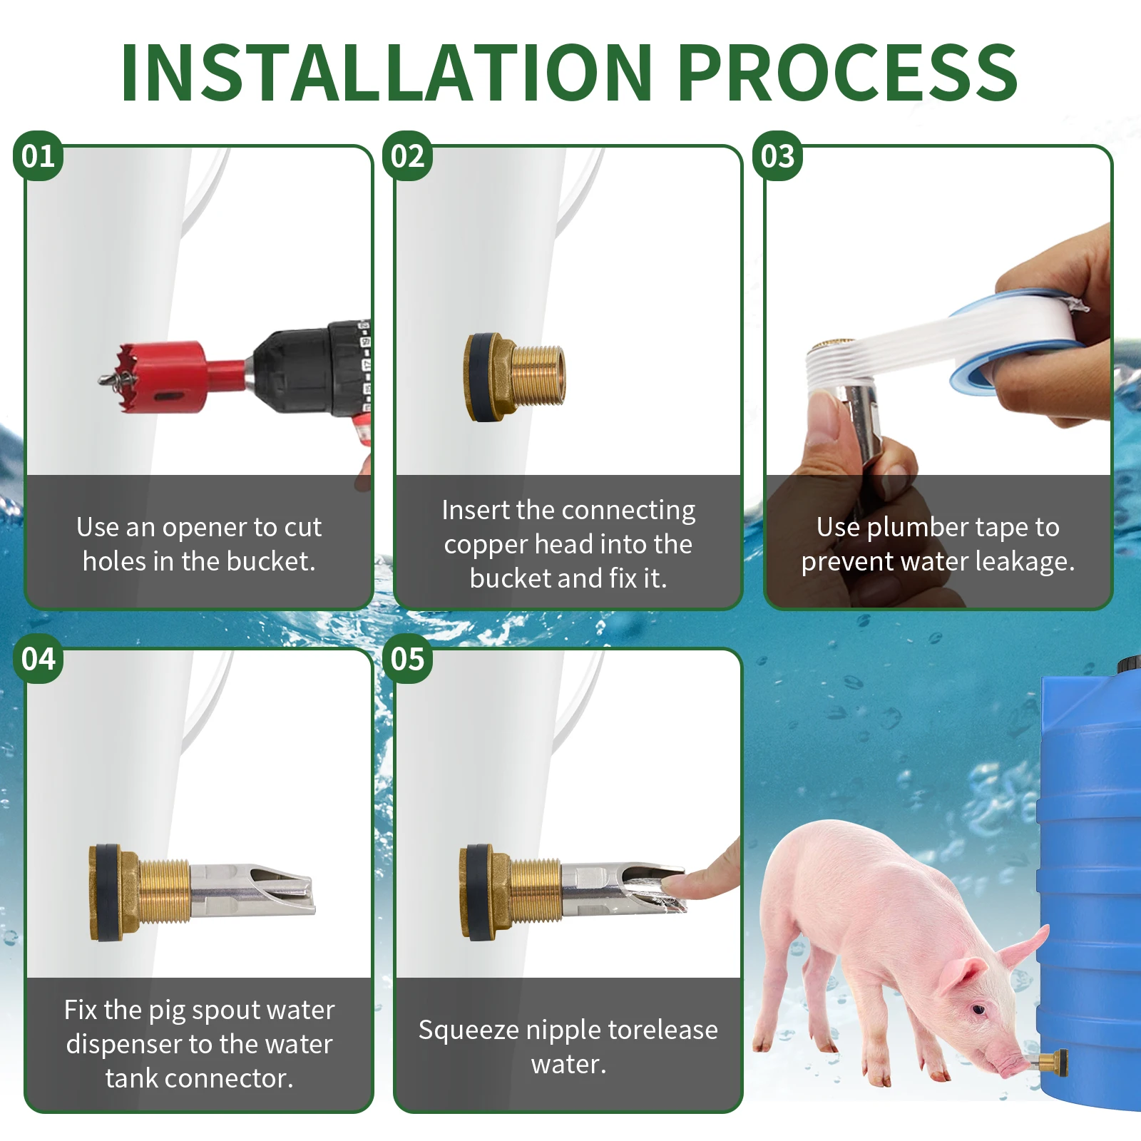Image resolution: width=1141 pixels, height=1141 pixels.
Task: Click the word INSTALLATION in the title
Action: [387, 72]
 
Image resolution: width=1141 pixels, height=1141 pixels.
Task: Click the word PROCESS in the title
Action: [847, 72]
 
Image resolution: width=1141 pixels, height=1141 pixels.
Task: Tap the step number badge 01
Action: [38, 156]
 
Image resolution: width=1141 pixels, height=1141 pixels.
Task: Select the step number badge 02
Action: [407, 156]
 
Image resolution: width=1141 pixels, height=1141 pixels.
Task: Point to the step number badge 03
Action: [777, 156]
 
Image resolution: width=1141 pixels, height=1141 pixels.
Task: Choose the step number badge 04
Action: [38, 659]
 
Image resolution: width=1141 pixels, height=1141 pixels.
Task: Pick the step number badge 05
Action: [407, 659]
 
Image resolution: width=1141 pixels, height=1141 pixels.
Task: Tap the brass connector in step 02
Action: [514, 377]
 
